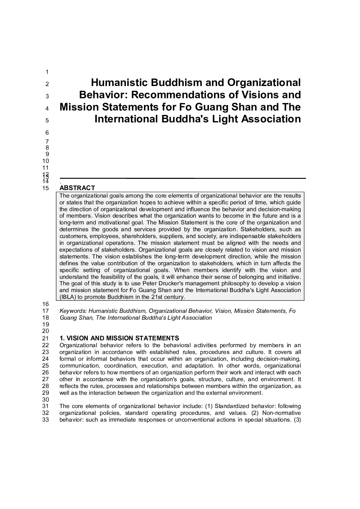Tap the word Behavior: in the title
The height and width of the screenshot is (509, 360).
coord(103,95)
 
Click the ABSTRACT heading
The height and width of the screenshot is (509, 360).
coord(77,188)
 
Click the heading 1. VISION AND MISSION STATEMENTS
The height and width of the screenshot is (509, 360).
coord(119,338)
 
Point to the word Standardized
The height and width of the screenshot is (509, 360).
coord(231,406)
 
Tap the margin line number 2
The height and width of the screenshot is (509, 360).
coord(47,84)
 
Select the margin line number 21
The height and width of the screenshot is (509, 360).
coord(46,338)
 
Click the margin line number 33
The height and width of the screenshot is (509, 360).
coord(46,420)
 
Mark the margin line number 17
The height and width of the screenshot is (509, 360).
coord(46,311)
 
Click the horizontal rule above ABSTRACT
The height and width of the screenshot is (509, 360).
coord(182,178)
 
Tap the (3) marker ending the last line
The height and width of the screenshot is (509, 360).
coord(297,420)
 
